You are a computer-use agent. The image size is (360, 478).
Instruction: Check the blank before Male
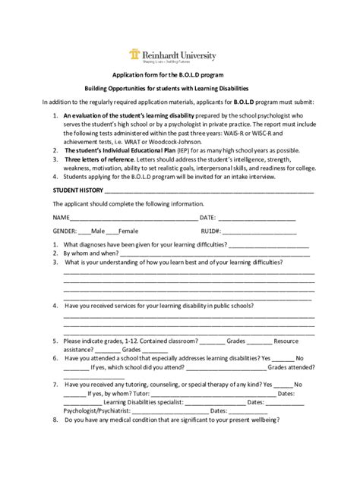coord(83,230)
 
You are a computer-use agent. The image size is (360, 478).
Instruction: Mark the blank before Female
coord(113,230)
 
